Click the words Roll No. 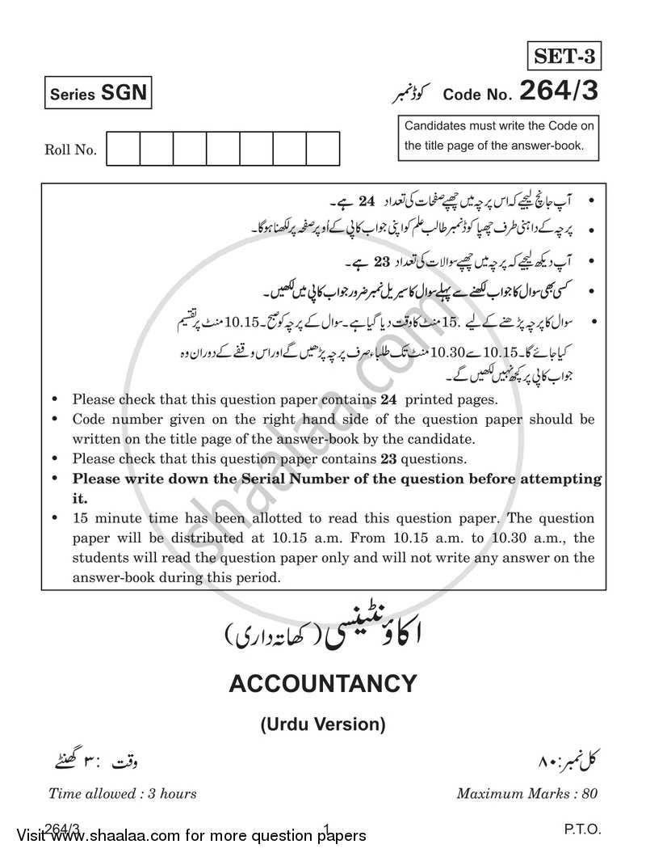(70, 150)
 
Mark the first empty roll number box (123, 150)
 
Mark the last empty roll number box (322, 150)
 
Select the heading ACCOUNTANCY (323, 685)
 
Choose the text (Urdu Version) (323, 724)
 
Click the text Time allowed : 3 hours (122, 793)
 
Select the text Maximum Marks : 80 (526, 793)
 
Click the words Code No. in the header (477, 95)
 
